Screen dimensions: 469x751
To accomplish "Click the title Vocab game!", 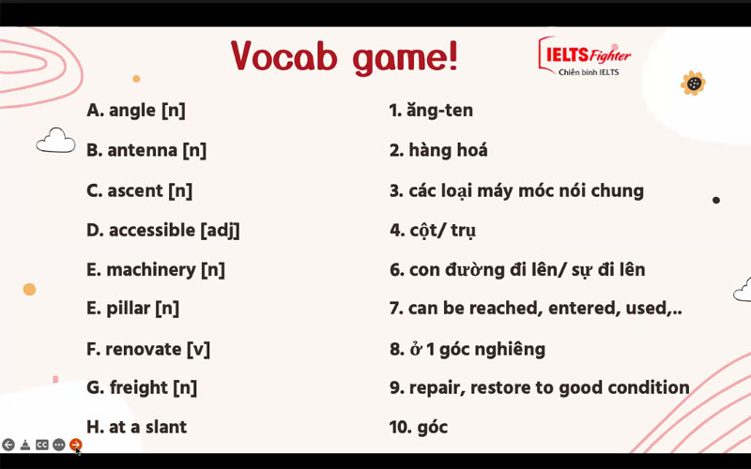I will coord(345,57).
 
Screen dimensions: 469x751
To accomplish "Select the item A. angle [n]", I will coord(136,110).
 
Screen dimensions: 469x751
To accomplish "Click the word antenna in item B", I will coord(142,150).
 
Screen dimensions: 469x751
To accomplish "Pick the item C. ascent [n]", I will coord(139,190).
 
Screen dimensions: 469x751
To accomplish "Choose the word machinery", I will coord(151,270).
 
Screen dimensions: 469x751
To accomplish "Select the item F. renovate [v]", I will coord(148,349).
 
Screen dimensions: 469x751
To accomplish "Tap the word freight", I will coord(139,387).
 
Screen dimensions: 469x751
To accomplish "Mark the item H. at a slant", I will coord(136,427).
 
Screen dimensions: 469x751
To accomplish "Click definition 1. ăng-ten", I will coord(431,111).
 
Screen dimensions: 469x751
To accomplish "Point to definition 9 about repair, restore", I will coord(539,387).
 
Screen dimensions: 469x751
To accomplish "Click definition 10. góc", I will coord(419,428).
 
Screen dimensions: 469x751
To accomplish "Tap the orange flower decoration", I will coord(693,83).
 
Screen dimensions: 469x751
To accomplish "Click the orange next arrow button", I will coord(76,445).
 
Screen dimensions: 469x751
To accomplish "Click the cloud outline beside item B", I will coord(55,142).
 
